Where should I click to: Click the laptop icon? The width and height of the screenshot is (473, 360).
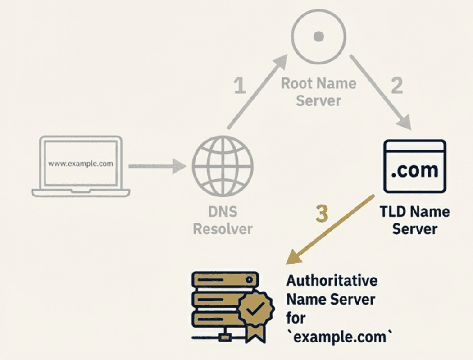[x=81, y=167]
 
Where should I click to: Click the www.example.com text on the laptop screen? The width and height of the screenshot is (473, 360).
[x=81, y=164]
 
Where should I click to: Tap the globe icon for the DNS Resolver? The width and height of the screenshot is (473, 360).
[x=223, y=165]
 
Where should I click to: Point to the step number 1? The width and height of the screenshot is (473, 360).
[x=241, y=85]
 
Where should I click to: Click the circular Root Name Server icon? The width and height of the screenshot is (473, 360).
[x=318, y=36]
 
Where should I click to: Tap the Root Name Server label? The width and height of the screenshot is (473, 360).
[x=318, y=91]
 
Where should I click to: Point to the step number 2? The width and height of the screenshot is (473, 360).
[x=396, y=85]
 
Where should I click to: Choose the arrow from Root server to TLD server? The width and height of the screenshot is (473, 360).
[x=381, y=92]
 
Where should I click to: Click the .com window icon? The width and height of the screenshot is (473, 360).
[x=414, y=166]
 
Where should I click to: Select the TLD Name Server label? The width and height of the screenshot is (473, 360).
[x=414, y=220]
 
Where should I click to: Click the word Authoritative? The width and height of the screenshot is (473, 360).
[x=332, y=281]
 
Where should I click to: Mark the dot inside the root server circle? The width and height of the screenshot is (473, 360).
[x=318, y=36]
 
